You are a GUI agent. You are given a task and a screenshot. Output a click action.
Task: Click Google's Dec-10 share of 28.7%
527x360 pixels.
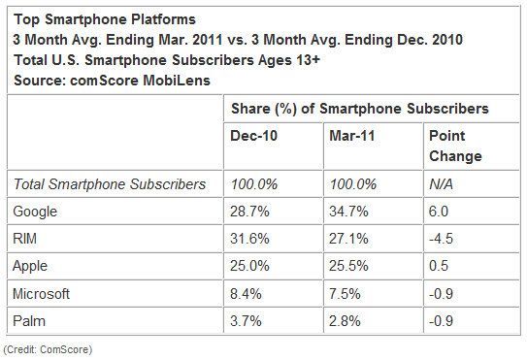[249, 212]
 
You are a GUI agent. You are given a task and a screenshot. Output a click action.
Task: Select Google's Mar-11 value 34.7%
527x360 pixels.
[348, 212]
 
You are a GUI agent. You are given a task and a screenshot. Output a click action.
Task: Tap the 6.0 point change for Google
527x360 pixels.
[439, 212]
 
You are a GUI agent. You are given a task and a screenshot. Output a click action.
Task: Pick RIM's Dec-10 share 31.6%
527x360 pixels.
[249, 239]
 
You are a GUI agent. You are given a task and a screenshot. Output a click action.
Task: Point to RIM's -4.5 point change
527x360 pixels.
[441, 239]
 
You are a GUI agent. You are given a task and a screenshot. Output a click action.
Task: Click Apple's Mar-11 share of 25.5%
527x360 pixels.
[348, 266]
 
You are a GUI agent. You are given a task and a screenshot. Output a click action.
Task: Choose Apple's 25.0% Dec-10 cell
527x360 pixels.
[249, 266]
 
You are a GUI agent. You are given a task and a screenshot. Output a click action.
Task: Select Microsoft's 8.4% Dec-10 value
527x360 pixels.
[246, 294]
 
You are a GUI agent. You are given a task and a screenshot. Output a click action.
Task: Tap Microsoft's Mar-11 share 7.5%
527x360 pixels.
[345, 294]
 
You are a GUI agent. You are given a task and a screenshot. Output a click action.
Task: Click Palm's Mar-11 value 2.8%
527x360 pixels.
[345, 321]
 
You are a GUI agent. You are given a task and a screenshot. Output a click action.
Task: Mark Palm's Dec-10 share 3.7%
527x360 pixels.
[246, 321]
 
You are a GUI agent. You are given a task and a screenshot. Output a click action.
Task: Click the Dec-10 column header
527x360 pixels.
[253, 136]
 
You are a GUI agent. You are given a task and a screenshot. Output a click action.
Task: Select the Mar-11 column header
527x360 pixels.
[352, 136]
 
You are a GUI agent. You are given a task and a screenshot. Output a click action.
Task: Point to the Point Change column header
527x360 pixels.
[455, 146]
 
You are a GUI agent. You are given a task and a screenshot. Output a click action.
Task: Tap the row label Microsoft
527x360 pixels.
[41, 294]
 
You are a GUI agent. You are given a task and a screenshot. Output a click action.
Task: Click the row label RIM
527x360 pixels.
[24, 239]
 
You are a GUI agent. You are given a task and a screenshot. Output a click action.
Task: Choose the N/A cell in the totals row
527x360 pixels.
[441, 184]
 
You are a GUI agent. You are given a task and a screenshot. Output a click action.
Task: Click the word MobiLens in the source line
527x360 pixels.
[177, 81]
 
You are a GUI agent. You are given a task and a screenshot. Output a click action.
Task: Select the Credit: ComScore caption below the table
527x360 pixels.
[48, 349]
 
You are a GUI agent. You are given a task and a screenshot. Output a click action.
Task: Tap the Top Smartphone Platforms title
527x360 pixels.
[105, 19]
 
